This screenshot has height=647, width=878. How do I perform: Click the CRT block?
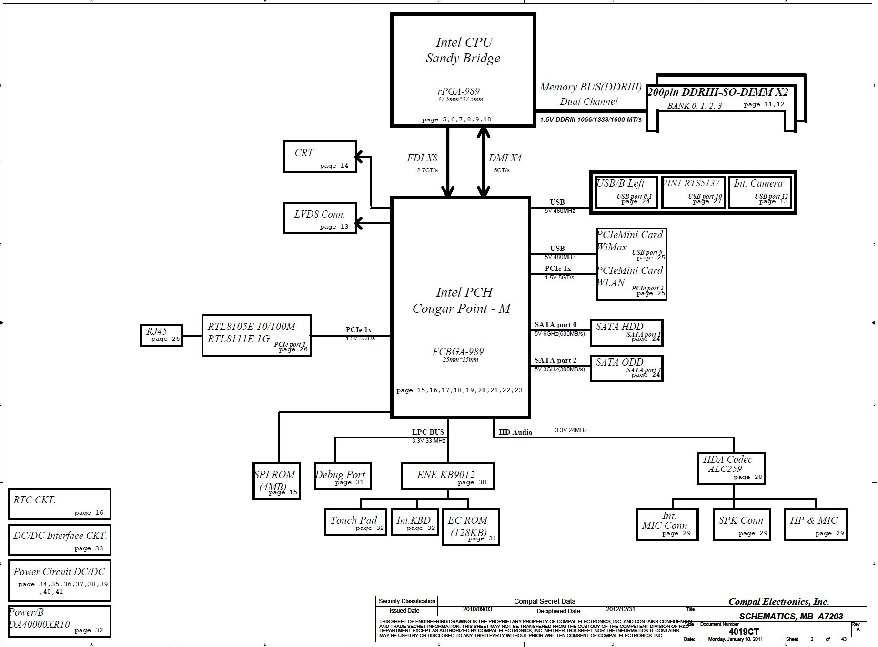click(320, 157)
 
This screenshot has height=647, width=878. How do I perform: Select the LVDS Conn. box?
click(320, 218)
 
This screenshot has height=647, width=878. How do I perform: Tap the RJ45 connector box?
click(161, 335)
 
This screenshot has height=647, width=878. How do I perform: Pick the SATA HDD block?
click(626, 333)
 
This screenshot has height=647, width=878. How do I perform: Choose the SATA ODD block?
click(626, 368)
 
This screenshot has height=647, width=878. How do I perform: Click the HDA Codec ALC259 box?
click(731, 468)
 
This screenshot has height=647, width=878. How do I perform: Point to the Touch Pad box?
click(355, 522)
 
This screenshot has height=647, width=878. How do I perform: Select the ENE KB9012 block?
click(447, 476)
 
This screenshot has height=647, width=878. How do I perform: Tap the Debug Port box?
click(343, 476)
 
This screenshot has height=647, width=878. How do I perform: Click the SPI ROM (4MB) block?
click(276, 481)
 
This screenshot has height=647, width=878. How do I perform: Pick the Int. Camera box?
click(760, 192)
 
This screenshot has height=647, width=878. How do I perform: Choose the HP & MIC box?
click(816, 524)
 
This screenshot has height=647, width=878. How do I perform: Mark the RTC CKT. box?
click(60, 504)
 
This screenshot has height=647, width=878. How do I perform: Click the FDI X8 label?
click(422, 158)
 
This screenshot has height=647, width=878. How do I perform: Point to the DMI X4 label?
click(505, 158)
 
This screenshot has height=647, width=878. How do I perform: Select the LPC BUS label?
click(428, 432)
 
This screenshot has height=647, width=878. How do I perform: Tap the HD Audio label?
click(515, 432)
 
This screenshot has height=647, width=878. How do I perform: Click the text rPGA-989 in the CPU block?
click(458, 91)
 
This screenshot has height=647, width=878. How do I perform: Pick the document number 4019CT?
click(744, 632)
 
